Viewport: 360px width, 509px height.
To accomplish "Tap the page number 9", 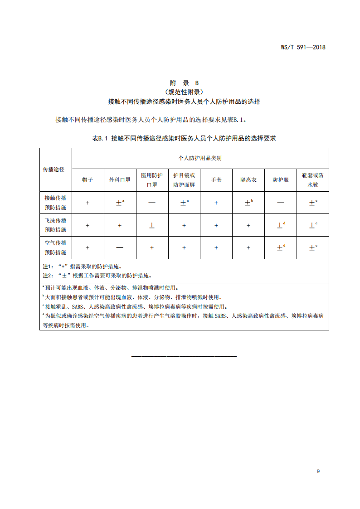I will pos(318,471).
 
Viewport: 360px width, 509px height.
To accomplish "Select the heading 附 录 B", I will pos(184,83).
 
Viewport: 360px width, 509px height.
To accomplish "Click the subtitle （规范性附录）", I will pos(184,92).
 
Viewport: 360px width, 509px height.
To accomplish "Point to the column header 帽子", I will pos(88,180).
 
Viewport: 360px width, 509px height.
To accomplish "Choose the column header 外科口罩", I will pos(120,180).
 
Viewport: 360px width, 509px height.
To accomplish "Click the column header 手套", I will pos(216,180).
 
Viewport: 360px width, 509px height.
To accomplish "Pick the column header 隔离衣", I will pos(248,180).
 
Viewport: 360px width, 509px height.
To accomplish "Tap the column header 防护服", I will pos(281,180).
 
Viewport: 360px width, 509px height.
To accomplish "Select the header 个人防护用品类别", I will pos(200,158).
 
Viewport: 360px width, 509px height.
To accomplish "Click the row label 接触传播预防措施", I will pos(55,203).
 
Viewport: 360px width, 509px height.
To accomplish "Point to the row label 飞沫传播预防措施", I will pos(55,225).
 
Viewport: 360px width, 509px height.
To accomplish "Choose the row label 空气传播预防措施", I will pos(55,247).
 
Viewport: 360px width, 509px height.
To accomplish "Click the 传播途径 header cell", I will pos(54,169).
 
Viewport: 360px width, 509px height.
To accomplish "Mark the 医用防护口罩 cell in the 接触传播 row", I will pos(152,203).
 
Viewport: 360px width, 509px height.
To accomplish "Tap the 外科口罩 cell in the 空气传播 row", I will pos(120,248).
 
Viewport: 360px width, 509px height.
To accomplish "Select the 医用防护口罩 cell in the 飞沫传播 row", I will pos(152,225).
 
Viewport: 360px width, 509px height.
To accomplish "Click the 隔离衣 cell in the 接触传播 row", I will pos(248,203).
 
